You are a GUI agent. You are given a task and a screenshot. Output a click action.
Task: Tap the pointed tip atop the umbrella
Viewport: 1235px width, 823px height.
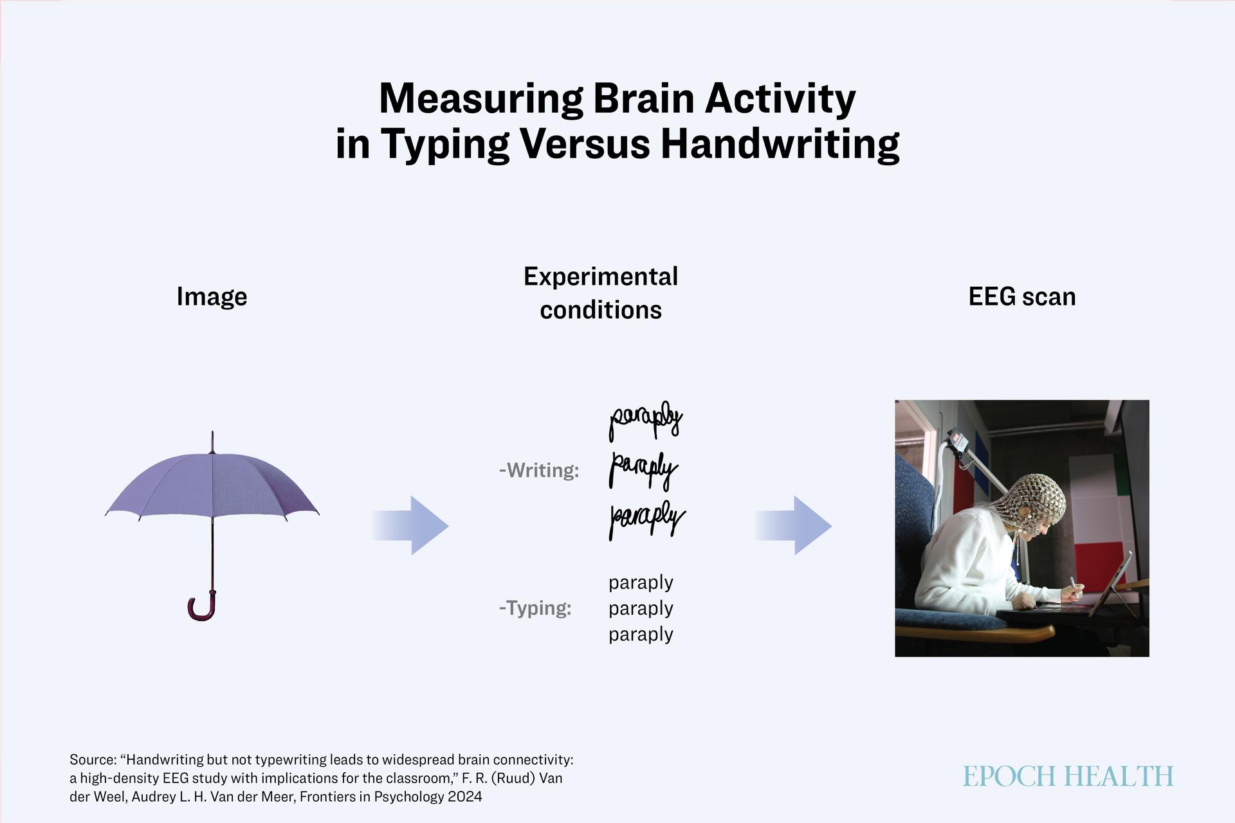pyautogui.click(x=212, y=433)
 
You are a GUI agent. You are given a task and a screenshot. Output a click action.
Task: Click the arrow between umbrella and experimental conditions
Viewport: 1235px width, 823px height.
pyautogui.click(x=410, y=525)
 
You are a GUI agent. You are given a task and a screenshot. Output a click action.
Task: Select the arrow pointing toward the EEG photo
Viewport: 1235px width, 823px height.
pyautogui.click(x=793, y=525)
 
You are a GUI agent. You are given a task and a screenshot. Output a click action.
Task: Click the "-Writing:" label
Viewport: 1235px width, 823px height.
pyautogui.click(x=539, y=471)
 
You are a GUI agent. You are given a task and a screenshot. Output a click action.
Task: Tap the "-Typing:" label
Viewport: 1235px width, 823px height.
pyautogui.click(x=535, y=608)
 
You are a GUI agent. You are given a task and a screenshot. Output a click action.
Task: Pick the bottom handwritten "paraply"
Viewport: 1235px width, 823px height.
pyautogui.click(x=647, y=519)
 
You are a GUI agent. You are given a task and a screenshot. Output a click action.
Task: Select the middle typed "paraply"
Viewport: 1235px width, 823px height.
pyautogui.click(x=641, y=608)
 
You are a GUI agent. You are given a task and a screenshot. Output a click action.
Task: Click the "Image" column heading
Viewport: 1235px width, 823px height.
pyautogui.click(x=212, y=297)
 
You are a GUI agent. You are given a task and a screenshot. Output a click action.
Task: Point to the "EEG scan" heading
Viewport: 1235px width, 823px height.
pyautogui.click(x=1022, y=296)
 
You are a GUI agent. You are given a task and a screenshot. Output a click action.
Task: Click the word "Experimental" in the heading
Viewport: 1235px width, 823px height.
pyautogui.click(x=601, y=277)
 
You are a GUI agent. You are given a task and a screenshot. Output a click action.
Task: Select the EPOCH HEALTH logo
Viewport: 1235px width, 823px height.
pyautogui.click(x=1068, y=776)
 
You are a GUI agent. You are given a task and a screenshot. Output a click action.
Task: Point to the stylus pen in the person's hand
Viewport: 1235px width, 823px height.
pyautogui.click(x=1075, y=586)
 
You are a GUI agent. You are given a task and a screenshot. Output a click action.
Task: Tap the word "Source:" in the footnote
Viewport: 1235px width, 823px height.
pyautogui.click(x=93, y=759)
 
